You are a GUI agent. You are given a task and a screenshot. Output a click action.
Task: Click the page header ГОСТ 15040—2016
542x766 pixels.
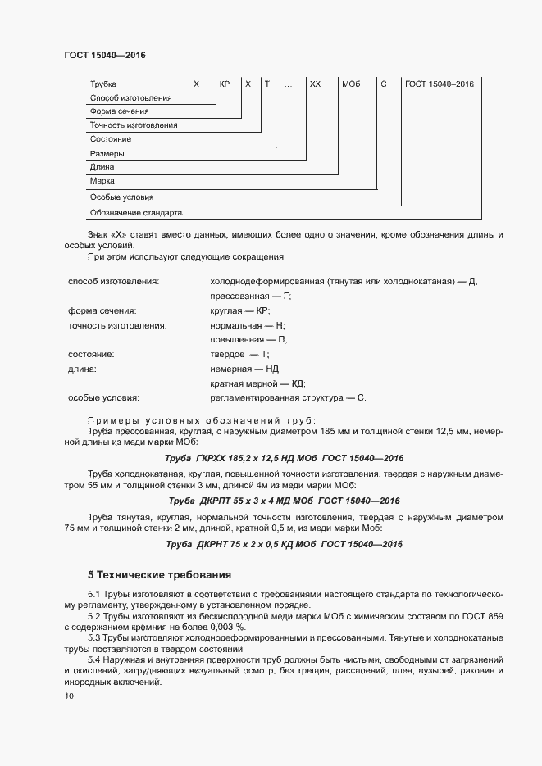coord(104,55)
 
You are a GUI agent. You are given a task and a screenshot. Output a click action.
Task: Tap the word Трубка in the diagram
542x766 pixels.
coord(103,84)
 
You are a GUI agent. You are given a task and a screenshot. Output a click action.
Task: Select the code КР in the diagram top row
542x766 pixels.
coord(224,84)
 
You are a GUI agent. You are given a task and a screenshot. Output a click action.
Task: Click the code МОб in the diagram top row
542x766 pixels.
coord(351,84)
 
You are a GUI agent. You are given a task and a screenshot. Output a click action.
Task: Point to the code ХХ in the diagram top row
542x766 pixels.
coord(315,84)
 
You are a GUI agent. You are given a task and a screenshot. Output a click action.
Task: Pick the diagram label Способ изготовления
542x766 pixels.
coord(130,98)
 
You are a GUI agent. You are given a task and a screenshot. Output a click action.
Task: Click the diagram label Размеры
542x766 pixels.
coord(107,153)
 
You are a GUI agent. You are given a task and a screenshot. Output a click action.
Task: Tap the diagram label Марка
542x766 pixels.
coord(102,180)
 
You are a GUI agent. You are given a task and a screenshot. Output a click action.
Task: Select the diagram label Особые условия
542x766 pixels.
coord(121,197)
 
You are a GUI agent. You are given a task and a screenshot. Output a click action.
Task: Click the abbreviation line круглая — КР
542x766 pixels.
coord(239,310)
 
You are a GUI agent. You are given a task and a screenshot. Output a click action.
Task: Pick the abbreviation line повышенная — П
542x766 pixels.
coord(248,339)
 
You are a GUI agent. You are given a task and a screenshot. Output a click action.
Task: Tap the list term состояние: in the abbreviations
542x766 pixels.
coord(90,354)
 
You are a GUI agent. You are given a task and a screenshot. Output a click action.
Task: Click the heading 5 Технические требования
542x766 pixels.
coord(159,574)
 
